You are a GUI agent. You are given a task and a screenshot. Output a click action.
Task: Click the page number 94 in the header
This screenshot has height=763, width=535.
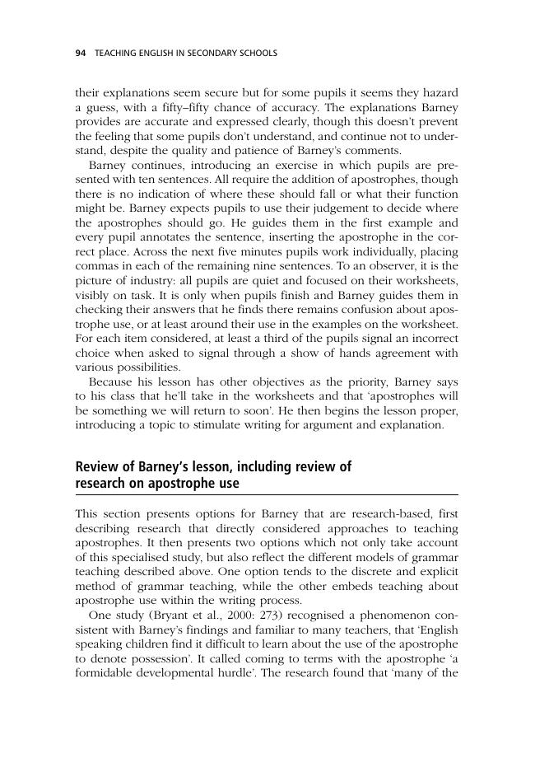coord(80,54)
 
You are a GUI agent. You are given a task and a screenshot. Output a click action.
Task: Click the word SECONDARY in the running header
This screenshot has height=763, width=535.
coord(207,54)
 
